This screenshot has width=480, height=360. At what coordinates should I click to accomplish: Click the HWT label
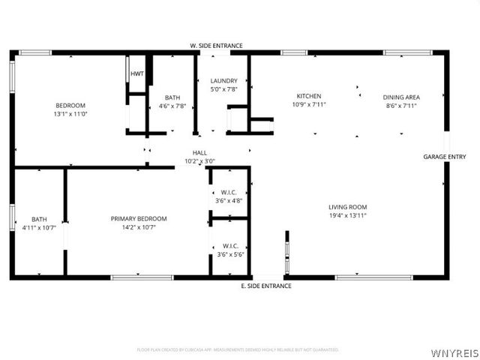[137, 73]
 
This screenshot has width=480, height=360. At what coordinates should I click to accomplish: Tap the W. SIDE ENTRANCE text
[216, 46]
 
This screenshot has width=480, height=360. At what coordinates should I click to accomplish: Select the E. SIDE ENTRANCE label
[265, 286]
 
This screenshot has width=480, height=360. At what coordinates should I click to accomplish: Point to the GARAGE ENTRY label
[445, 157]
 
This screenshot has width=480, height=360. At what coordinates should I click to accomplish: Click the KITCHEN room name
[309, 96]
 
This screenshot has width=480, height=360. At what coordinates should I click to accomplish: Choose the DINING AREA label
[401, 97]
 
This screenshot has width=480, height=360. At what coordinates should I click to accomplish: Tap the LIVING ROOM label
[347, 207]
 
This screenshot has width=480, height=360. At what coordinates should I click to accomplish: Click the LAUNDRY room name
[223, 81]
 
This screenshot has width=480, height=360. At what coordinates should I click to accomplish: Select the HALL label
[199, 153]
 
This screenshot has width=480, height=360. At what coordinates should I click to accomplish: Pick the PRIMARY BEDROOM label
[139, 219]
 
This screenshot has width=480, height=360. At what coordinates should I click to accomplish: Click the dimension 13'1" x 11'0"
[70, 114]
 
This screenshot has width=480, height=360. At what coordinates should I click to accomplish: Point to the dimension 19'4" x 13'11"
[347, 216]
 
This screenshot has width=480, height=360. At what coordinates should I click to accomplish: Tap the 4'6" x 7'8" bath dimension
[172, 106]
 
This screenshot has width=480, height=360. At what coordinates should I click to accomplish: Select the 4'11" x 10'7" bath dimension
[39, 228]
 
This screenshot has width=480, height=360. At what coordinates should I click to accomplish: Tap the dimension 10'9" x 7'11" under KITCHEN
[309, 106]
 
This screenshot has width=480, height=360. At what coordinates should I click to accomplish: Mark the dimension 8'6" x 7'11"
[401, 106]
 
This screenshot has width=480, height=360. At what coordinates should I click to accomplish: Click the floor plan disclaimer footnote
[238, 349]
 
